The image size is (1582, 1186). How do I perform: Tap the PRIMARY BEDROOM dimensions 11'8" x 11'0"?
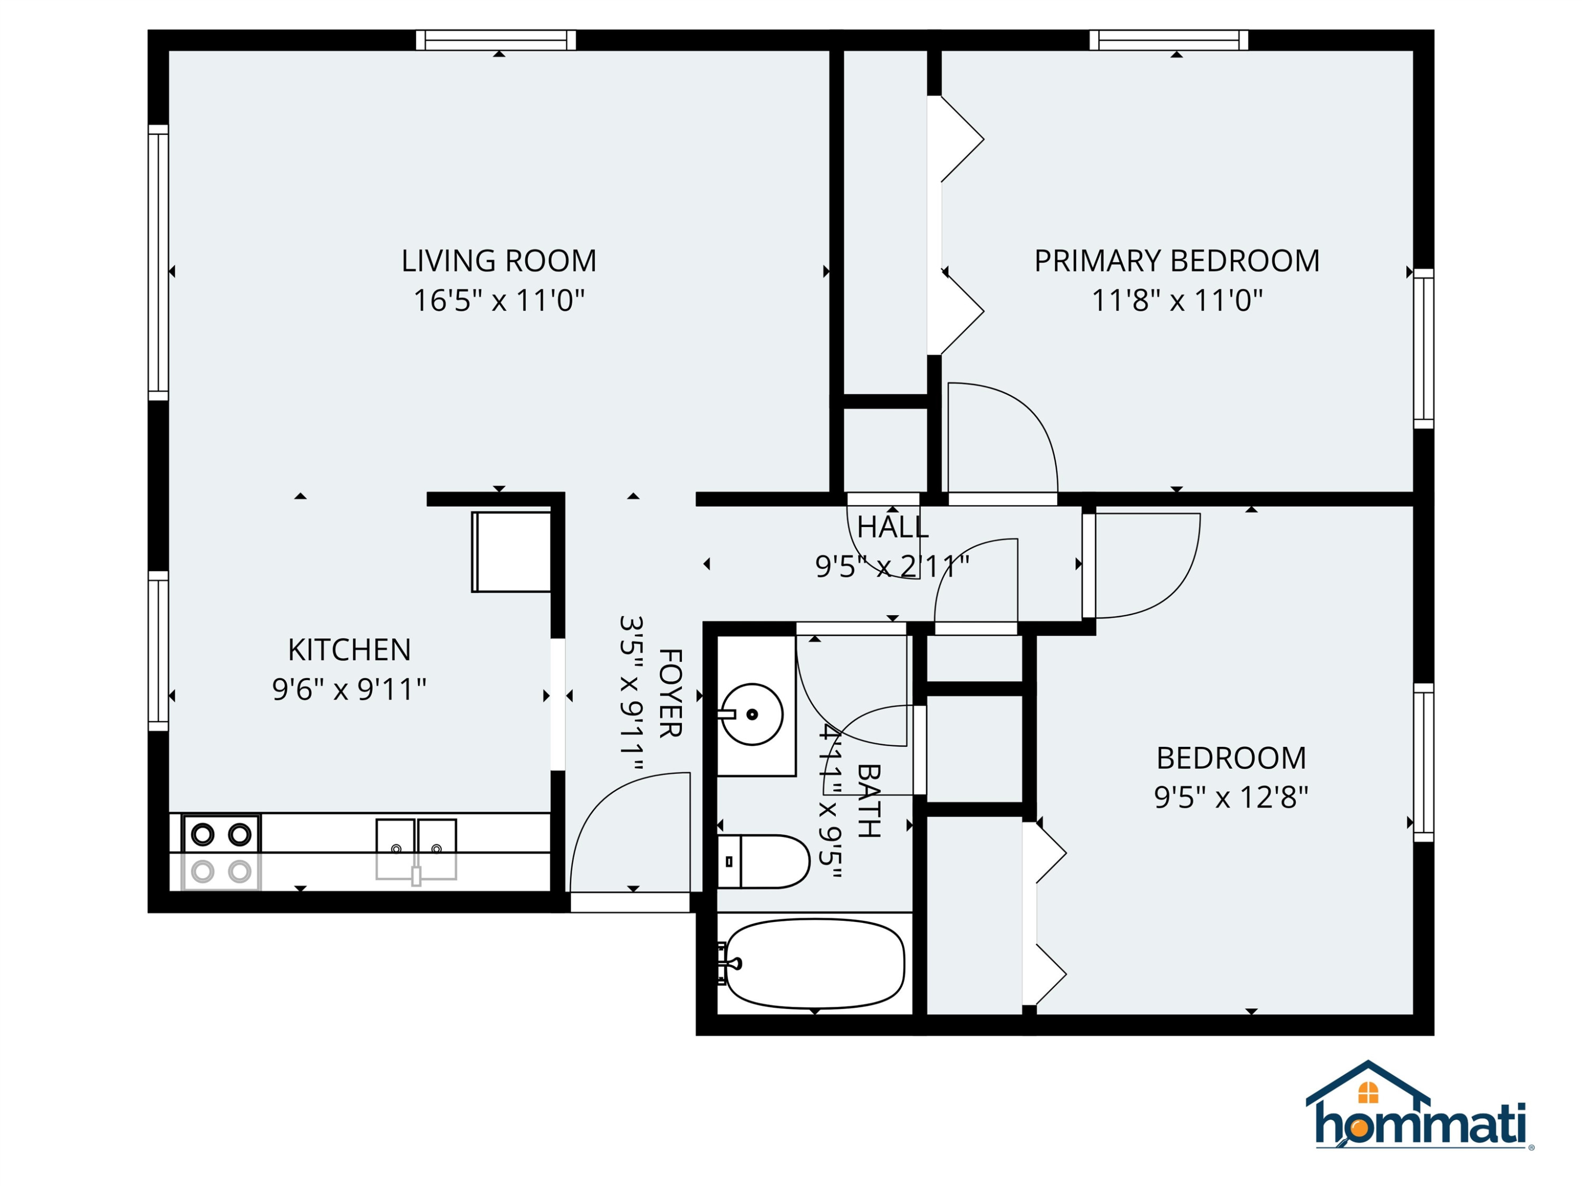coord(1176,300)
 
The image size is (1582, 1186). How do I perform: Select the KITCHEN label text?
coord(349,650)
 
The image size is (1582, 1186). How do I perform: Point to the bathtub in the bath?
coord(815,963)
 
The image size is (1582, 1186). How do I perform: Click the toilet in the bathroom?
coord(763,861)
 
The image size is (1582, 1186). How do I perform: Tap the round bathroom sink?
coord(751,714)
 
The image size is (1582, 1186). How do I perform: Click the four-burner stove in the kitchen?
coord(221,852)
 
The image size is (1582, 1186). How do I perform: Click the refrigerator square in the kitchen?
coord(510,551)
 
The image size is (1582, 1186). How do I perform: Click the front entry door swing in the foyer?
coord(629,832)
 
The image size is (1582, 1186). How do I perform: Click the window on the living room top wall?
coord(496,40)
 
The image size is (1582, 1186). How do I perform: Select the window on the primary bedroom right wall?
coord(1424,349)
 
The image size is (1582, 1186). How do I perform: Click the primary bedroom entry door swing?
coord(1002,438)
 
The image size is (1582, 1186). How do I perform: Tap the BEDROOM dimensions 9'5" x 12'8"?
coord(1231,796)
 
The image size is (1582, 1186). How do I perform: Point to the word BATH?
coord(868,801)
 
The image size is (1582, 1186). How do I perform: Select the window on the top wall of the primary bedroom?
coord(1169,40)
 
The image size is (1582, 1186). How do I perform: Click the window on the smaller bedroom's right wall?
coord(1424,763)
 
